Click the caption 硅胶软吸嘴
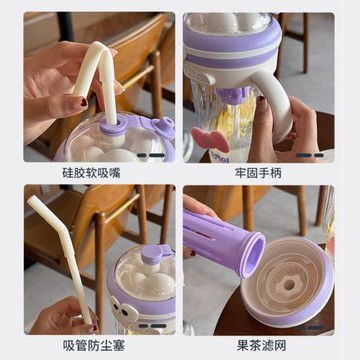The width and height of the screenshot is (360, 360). pos(91,173)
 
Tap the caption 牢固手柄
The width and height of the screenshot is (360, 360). pos(258,173)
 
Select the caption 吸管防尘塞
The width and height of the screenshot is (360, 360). pos(94,346)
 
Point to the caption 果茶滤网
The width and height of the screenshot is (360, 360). pos(261,346)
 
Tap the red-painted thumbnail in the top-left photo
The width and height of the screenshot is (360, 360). pos(84,102)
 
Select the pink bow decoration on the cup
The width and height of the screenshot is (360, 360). pos(210,139)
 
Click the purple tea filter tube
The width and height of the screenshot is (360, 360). pos(222,241)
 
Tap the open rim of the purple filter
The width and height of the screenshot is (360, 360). pos(251,255)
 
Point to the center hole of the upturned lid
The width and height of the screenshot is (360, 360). pos(289,284)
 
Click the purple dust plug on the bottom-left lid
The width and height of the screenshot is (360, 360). pos(153,254)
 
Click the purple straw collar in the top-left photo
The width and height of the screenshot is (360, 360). pos(113,125)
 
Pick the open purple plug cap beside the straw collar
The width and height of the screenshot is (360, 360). pos(162,128)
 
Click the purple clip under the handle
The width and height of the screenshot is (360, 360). pos(233,94)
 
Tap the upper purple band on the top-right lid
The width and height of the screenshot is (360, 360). pos(232,39)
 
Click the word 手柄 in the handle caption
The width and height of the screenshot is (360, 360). pos(270,173)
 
